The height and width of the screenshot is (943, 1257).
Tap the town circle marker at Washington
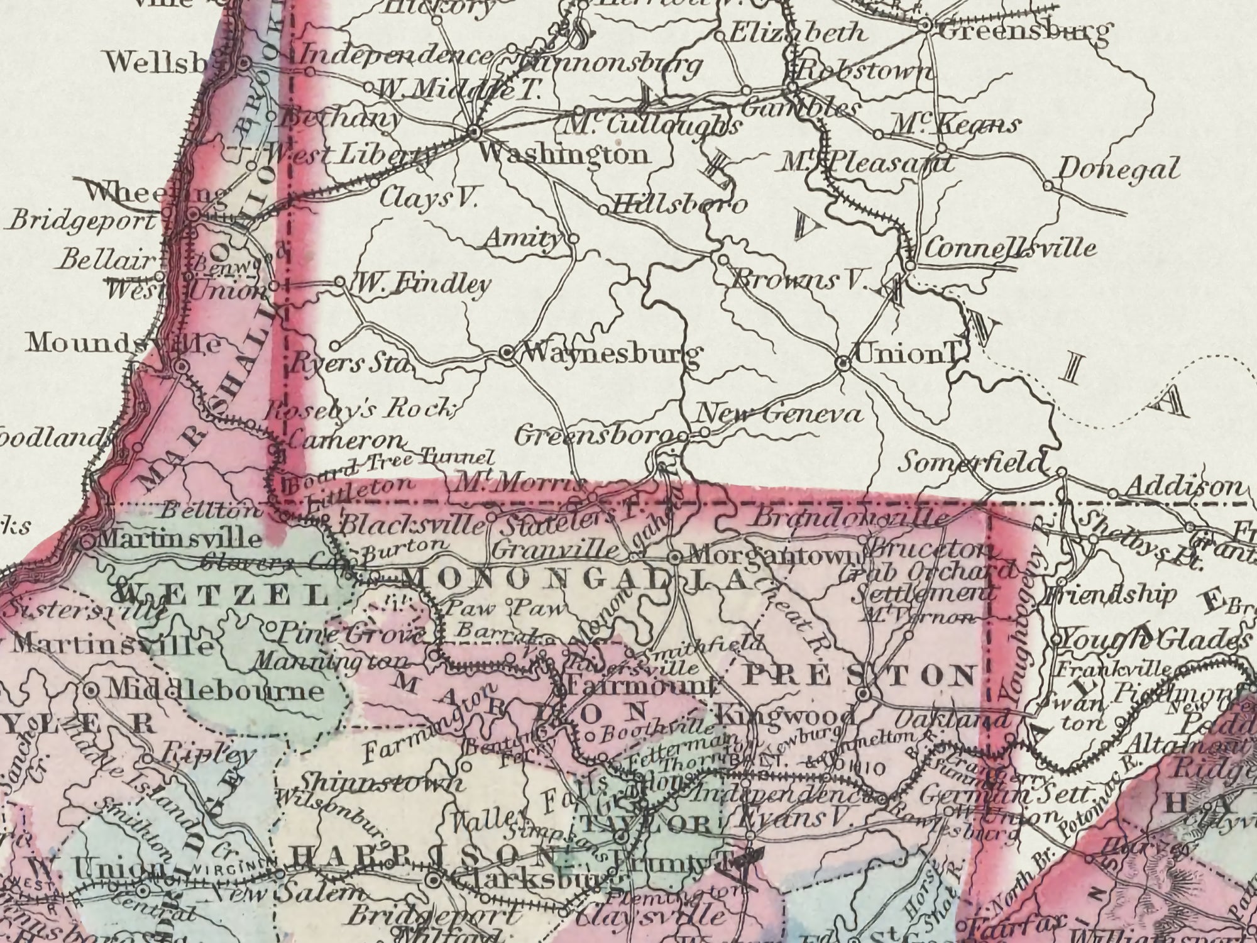[x=475, y=131]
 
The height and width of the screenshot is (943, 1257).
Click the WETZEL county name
[x=222, y=593]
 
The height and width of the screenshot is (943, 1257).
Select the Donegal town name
[x=1119, y=168]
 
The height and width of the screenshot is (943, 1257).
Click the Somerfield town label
[x=971, y=463]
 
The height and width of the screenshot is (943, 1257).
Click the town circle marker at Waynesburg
[x=508, y=354]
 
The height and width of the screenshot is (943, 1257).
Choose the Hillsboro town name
[x=679, y=204]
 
